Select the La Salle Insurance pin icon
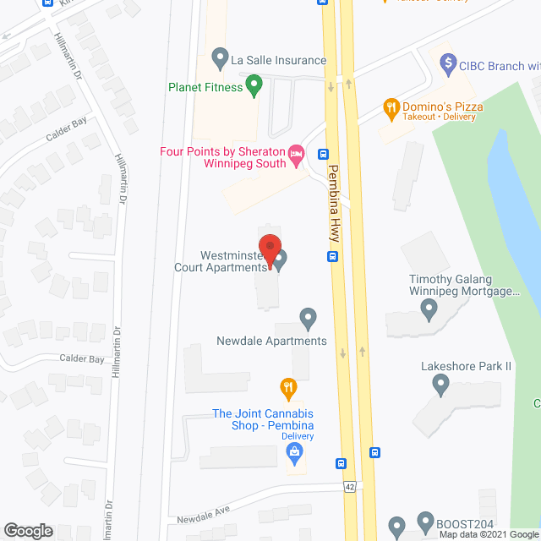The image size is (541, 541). pos(220,60)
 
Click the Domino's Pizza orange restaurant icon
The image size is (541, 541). pos(391,107)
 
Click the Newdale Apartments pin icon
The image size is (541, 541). pos(308,319)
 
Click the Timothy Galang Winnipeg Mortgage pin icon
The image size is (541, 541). pos(429,311)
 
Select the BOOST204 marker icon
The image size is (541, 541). pos(425,522)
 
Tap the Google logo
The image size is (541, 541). pos(27,531)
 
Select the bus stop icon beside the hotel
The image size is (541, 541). pos(323,154)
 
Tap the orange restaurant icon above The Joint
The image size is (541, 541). pos(288,389)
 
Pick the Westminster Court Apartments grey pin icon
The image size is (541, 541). pos(280,258)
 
